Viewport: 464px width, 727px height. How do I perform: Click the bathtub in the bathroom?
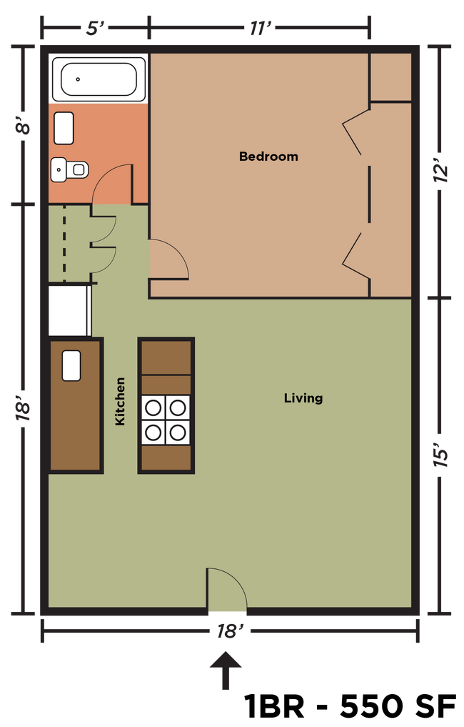tap(98, 79)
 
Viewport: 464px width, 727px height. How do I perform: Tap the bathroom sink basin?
tap(64, 128)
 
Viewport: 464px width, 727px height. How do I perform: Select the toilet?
tap(71, 169)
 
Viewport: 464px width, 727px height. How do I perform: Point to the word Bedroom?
tap(268, 157)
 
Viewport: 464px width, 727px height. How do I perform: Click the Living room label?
tap(303, 398)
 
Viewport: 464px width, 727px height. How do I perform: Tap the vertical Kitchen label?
tap(120, 402)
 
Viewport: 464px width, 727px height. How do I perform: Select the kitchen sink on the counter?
tap(71, 365)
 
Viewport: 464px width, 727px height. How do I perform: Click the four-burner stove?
tap(166, 420)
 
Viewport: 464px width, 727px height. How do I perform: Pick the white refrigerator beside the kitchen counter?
tap(69, 310)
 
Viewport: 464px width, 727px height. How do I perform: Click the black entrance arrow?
tap(226, 669)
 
